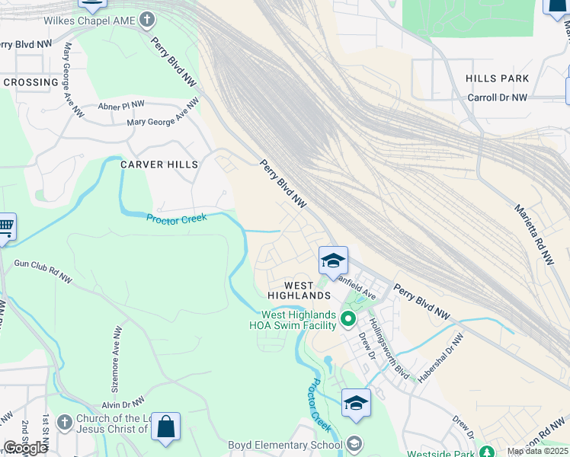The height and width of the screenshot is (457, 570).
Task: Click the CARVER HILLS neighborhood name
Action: [159, 165]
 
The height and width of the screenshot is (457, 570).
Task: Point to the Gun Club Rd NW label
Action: [43, 271]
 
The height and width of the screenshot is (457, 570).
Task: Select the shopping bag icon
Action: [165, 427]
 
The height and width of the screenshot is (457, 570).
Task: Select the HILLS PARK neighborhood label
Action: [497, 78]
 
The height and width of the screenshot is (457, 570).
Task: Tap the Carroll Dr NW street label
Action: [497, 97]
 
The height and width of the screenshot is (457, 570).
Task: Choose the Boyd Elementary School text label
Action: [285, 445]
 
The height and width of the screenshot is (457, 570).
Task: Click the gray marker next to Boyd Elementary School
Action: [354, 443]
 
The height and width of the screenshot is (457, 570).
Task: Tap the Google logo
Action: [25, 448]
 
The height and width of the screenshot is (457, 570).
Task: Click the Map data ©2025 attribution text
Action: [536, 451]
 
